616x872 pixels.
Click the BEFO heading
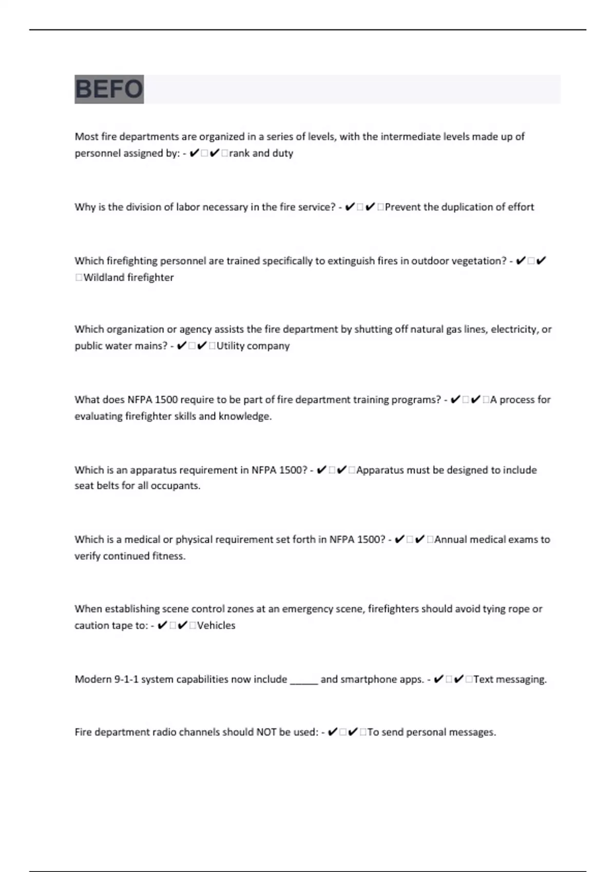109,89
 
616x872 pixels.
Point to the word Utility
230,346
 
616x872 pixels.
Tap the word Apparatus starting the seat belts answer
380,470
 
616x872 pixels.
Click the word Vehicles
216,626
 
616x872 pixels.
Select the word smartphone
369,680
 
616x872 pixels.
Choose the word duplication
466,207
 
